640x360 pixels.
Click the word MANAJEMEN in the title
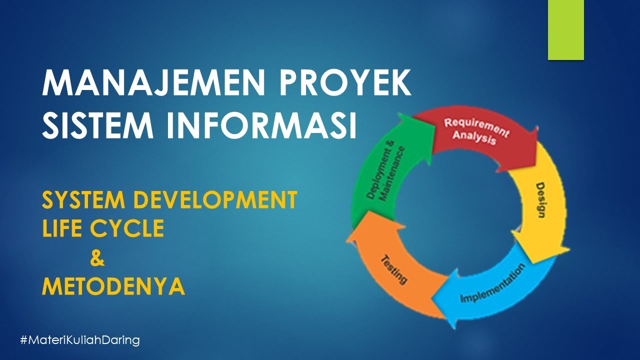point(153,83)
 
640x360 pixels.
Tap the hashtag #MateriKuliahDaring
point(80,340)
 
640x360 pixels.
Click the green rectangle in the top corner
point(565,29)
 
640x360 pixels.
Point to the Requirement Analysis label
point(475,131)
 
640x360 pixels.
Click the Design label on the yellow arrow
point(540,200)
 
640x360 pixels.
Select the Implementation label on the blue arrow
point(492,283)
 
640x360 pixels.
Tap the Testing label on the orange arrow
point(394,269)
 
